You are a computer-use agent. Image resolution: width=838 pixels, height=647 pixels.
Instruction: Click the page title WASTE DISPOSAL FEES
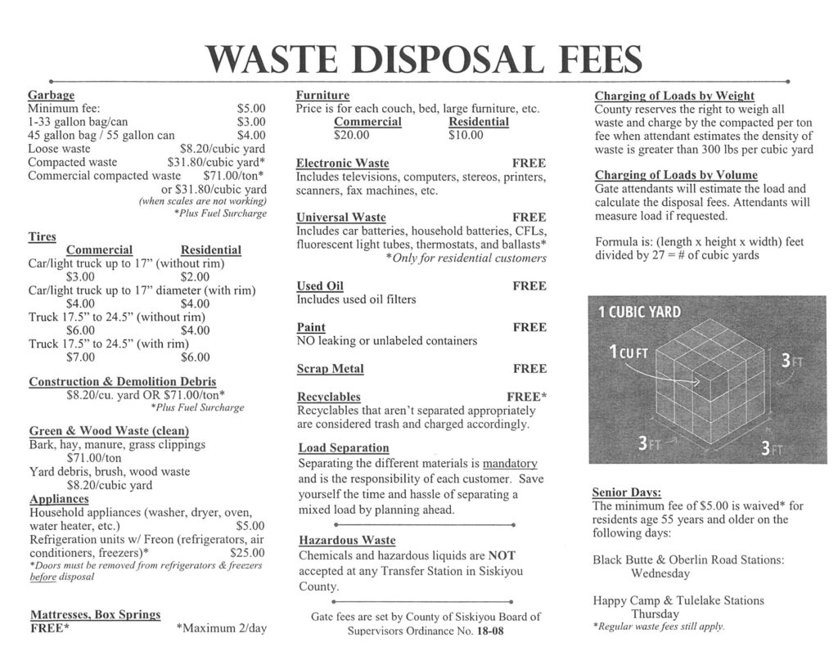coord(424,59)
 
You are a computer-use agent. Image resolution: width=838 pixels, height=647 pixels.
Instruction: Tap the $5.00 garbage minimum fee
coord(251,108)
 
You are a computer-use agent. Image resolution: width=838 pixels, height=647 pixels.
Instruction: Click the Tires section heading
coord(43,236)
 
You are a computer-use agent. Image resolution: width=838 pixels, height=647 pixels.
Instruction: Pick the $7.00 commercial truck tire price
coord(80,357)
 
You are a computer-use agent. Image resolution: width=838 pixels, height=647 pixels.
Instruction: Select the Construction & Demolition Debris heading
coord(123,382)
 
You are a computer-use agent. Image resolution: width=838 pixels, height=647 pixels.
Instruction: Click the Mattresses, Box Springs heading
coord(95,614)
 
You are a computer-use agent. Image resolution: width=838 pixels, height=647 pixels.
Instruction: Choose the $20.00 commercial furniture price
coord(352,135)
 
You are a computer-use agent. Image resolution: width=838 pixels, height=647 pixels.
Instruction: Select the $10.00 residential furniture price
coord(466,135)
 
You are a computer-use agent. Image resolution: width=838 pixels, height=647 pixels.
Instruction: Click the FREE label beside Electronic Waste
coord(529,164)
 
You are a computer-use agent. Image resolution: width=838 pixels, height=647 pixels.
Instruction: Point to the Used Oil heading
coord(320,286)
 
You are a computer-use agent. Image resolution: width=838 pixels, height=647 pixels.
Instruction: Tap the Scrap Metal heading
coord(330,369)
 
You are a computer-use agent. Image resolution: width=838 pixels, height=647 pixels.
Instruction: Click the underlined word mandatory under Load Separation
coord(510,463)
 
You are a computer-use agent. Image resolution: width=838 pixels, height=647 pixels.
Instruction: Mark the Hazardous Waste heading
coord(347,541)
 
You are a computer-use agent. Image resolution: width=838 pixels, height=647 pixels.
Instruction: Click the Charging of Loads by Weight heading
coord(674,96)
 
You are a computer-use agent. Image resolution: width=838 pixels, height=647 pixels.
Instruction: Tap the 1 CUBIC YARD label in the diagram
coord(638,313)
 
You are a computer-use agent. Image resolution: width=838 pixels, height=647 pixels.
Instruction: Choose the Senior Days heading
coord(626,492)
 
